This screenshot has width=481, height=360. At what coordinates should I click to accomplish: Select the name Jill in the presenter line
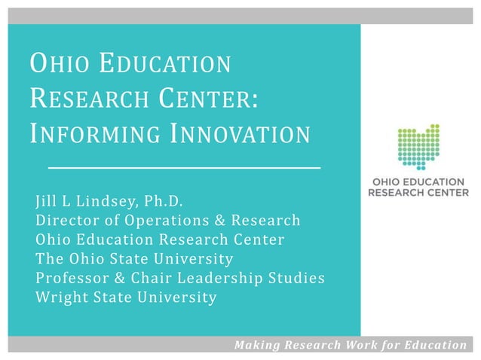point(46,202)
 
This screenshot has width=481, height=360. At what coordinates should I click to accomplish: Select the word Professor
point(72,278)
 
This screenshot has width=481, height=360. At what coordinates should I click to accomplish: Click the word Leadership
point(226,278)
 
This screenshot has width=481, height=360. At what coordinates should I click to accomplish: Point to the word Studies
point(297,278)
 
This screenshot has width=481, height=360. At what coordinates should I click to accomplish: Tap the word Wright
point(61,297)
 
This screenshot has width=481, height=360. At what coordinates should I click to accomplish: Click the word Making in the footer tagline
point(257,346)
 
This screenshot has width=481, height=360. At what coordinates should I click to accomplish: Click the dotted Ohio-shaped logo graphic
point(418,147)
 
